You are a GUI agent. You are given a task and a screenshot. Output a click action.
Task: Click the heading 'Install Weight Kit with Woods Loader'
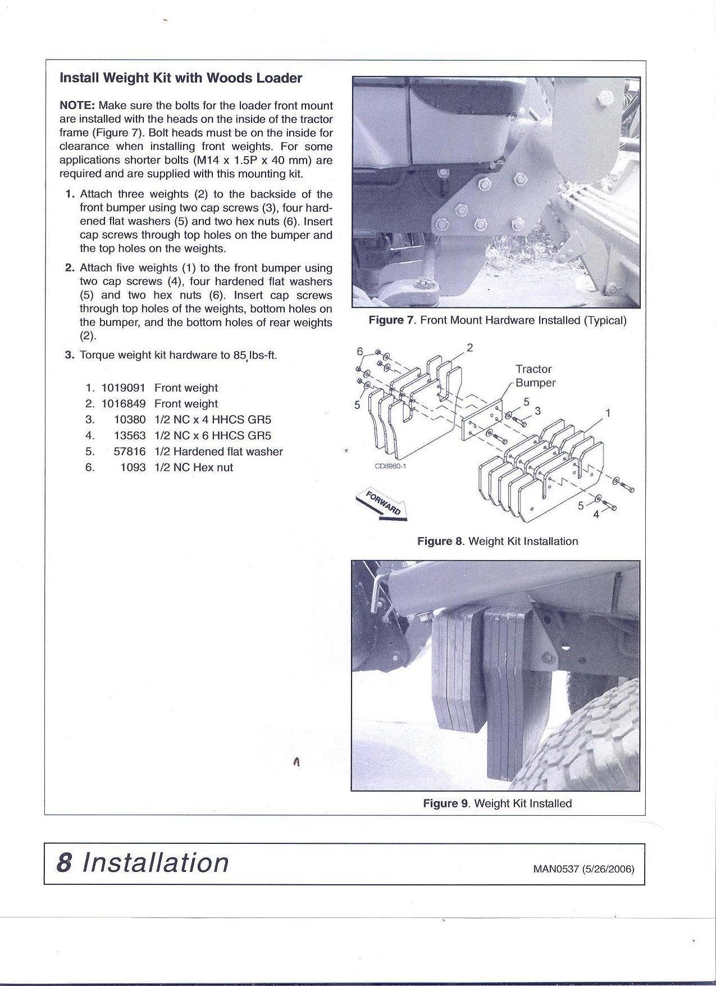point(180,78)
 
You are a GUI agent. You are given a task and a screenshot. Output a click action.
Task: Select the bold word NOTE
point(78,106)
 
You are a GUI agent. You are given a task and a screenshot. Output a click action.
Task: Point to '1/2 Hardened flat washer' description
point(218,451)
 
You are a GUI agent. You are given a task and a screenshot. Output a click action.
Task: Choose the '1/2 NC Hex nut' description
point(193,467)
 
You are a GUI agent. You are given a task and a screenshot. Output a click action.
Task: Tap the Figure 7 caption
point(497,320)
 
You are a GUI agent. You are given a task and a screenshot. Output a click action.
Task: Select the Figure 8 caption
point(497,541)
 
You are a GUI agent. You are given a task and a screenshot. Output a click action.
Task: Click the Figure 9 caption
point(497,803)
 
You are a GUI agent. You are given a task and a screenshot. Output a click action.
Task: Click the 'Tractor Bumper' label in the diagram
point(535,376)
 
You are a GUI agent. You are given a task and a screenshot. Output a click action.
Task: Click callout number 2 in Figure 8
point(470,348)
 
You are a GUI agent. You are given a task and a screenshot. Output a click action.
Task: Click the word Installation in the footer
point(156,863)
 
